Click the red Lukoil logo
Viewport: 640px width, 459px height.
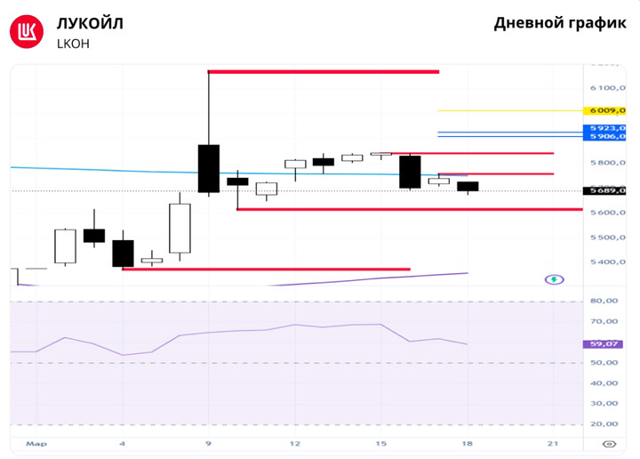(27, 32)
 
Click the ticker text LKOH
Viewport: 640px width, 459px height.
(73, 43)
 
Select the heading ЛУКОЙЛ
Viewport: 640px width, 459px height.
(90, 23)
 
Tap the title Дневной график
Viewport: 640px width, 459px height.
(559, 23)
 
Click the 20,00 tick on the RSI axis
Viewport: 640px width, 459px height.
(604, 424)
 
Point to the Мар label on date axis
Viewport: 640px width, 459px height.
(36, 443)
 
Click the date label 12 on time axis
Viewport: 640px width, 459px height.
(294, 443)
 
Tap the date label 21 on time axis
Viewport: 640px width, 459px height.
(552, 443)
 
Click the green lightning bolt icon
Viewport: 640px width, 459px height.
(554, 279)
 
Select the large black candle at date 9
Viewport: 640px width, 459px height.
(209, 168)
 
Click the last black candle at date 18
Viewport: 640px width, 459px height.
(468, 186)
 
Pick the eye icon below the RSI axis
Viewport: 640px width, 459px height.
(609, 443)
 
